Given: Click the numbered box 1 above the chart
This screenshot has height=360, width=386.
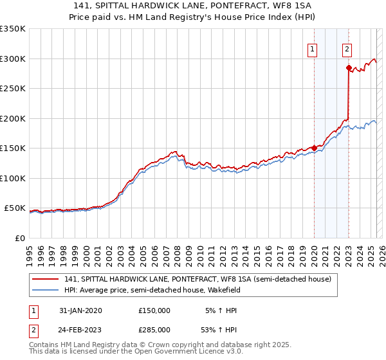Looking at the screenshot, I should [x=313, y=48].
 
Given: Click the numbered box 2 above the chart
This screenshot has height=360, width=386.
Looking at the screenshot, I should [x=347, y=48].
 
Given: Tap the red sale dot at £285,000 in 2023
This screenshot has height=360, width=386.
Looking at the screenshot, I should [x=348, y=67].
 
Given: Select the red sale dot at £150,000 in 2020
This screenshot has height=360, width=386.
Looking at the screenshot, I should [x=314, y=148].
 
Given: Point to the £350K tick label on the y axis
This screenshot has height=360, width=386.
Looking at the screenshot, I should [x=13, y=29].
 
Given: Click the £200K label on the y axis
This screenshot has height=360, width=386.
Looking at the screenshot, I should [x=13, y=118].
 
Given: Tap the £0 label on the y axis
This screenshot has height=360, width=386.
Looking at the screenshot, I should [x=20, y=238].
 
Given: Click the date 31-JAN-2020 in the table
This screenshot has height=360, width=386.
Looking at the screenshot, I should [x=80, y=310].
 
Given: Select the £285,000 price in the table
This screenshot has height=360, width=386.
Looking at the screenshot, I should [x=154, y=329].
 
